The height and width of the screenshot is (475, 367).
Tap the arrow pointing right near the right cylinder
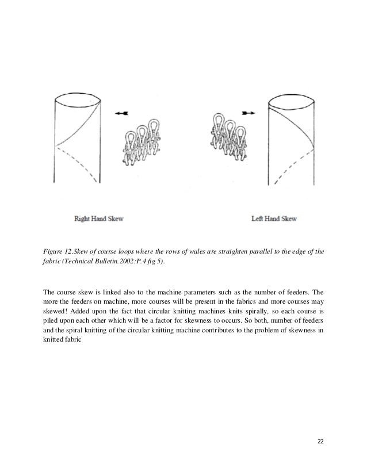pyautogui.click(x=249, y=113)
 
